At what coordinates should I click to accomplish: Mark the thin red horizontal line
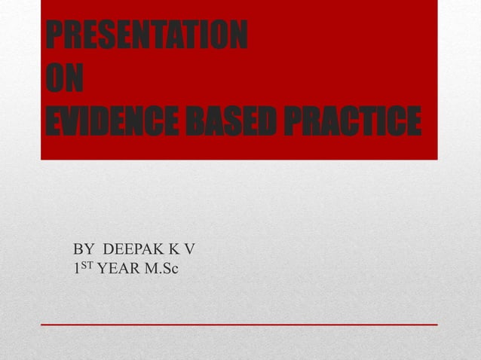[x=239, y=324]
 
